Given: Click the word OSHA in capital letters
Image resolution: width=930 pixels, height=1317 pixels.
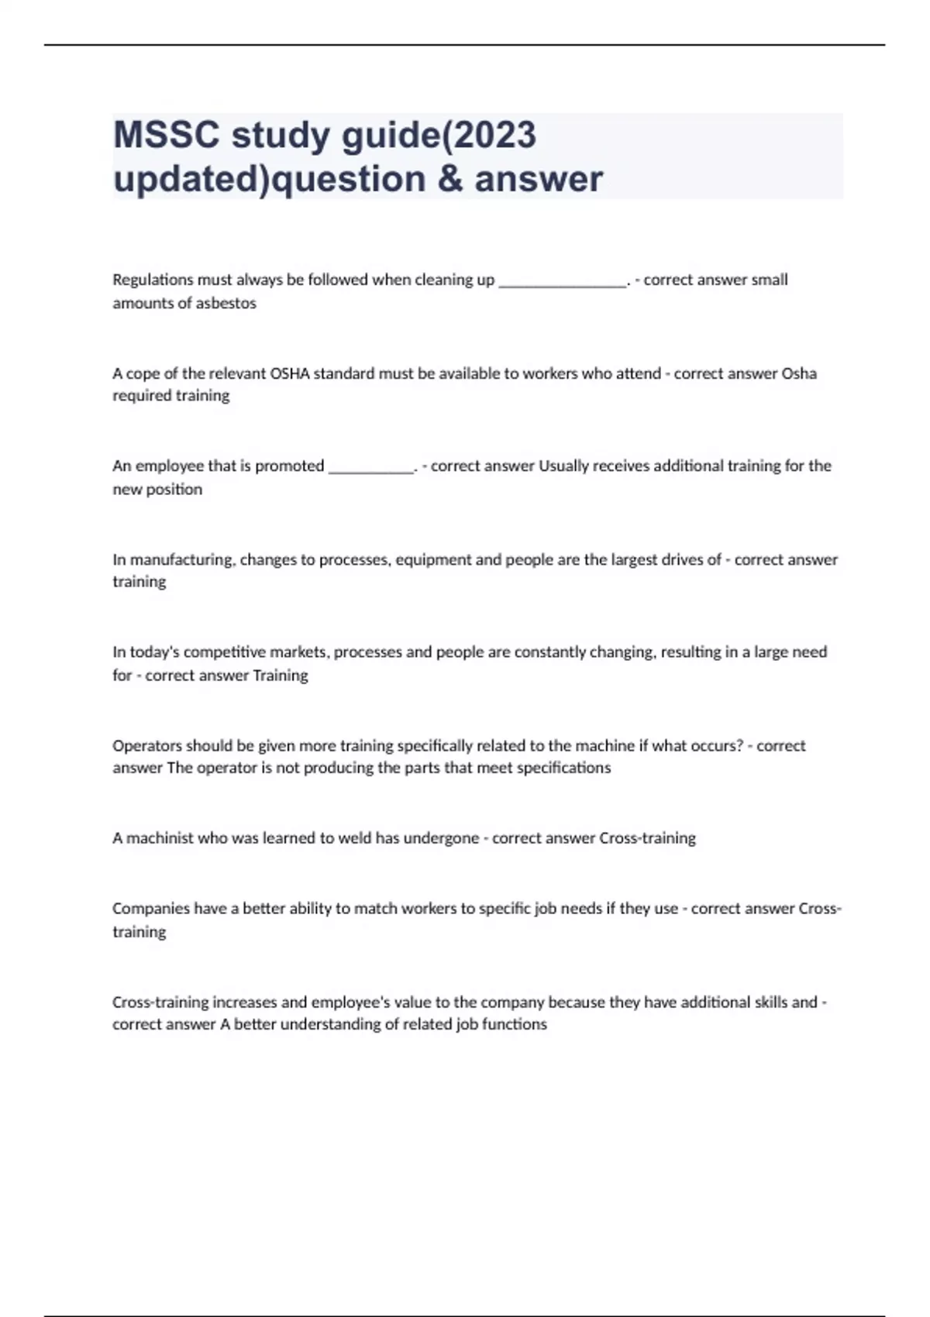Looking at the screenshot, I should [289, 373].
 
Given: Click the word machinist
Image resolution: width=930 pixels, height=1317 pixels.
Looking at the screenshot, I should [160, 838].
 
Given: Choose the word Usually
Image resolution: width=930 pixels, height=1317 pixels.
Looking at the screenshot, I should [565, 466].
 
